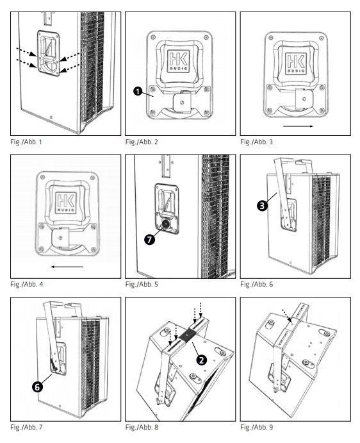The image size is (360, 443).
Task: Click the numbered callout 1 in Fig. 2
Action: [138, 92]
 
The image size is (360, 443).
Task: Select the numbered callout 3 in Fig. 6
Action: [262, 206]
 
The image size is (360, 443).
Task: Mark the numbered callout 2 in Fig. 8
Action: [201, 360]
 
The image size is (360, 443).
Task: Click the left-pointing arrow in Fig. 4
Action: [67, 266]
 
